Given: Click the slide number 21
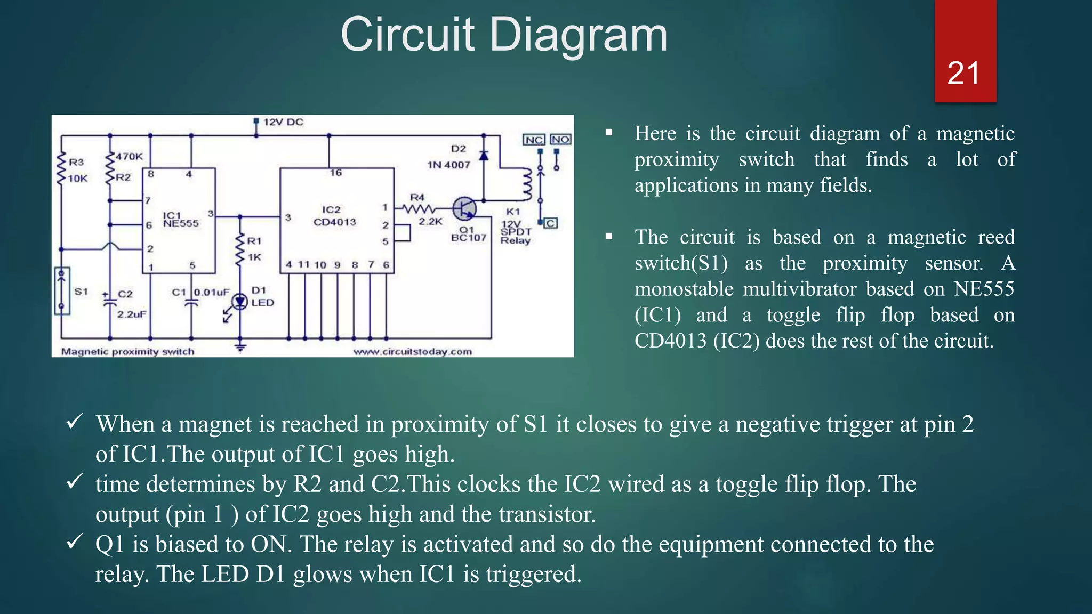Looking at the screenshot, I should (963, 74).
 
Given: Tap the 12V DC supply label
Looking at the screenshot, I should (283, 122).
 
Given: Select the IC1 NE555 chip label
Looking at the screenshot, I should (180, 220).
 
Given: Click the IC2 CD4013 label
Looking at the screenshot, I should (334, 216).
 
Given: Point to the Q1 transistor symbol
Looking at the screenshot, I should (464, 208).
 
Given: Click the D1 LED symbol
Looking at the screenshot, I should (240, 302).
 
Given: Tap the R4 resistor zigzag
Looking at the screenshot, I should (419, 208).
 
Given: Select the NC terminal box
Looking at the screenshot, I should (534, 140).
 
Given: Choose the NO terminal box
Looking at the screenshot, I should (560, 140).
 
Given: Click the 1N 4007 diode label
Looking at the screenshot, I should (448, 165).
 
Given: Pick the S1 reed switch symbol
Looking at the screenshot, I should (62, 291).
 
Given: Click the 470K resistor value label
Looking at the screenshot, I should (130, 157).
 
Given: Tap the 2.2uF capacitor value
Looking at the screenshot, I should (132, 314).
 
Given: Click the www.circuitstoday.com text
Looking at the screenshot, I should (412, 352).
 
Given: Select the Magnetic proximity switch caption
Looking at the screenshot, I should (127, 352).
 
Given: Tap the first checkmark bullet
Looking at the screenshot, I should (74, 422).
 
